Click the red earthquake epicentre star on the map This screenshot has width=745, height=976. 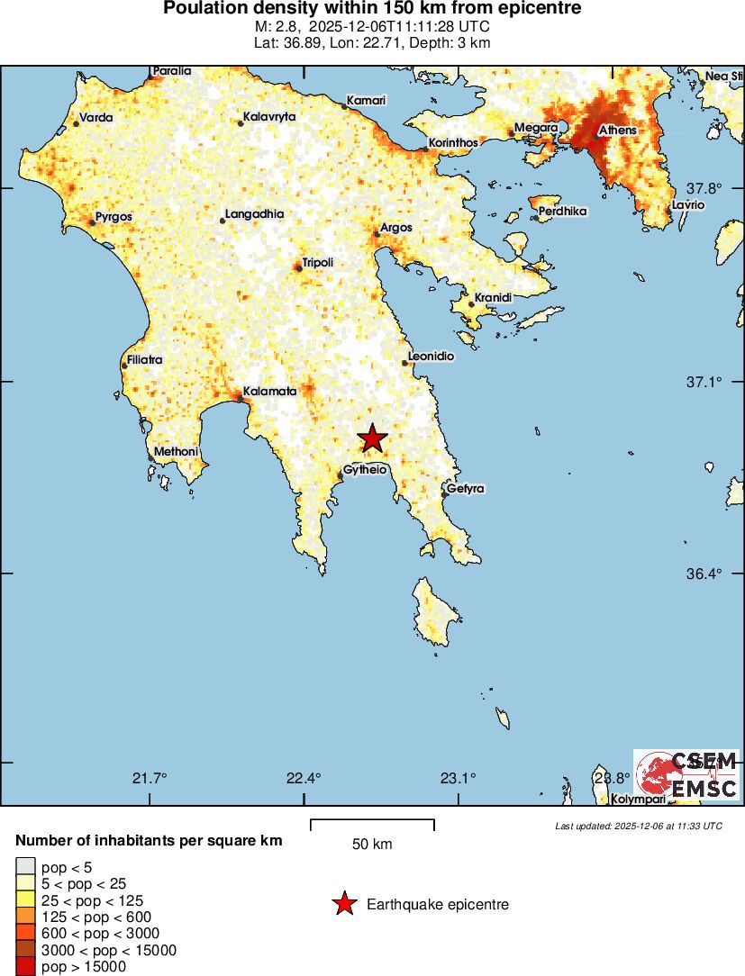click(372, 438)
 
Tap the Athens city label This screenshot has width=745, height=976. click(618, 131)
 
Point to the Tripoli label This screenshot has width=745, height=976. click(318, 262)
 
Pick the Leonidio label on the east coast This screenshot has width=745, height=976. click(432, 357)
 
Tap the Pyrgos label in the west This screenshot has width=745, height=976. click(114, 217)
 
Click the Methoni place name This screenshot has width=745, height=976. click(177, 451)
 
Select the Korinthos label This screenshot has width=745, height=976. click(454, 142)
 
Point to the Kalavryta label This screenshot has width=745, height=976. click(270, 117)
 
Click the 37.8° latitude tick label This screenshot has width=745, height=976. click(704, 189)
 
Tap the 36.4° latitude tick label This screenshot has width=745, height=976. click(704, 574)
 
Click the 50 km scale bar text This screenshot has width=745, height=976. click(372, 845)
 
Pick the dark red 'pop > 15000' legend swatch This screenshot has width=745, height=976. click(25, 967)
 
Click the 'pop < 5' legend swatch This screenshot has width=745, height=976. click(25, 867)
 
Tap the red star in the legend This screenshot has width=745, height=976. click(343, 905)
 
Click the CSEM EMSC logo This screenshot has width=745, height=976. click(686, 776)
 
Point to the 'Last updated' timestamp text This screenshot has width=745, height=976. click(638, 826)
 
